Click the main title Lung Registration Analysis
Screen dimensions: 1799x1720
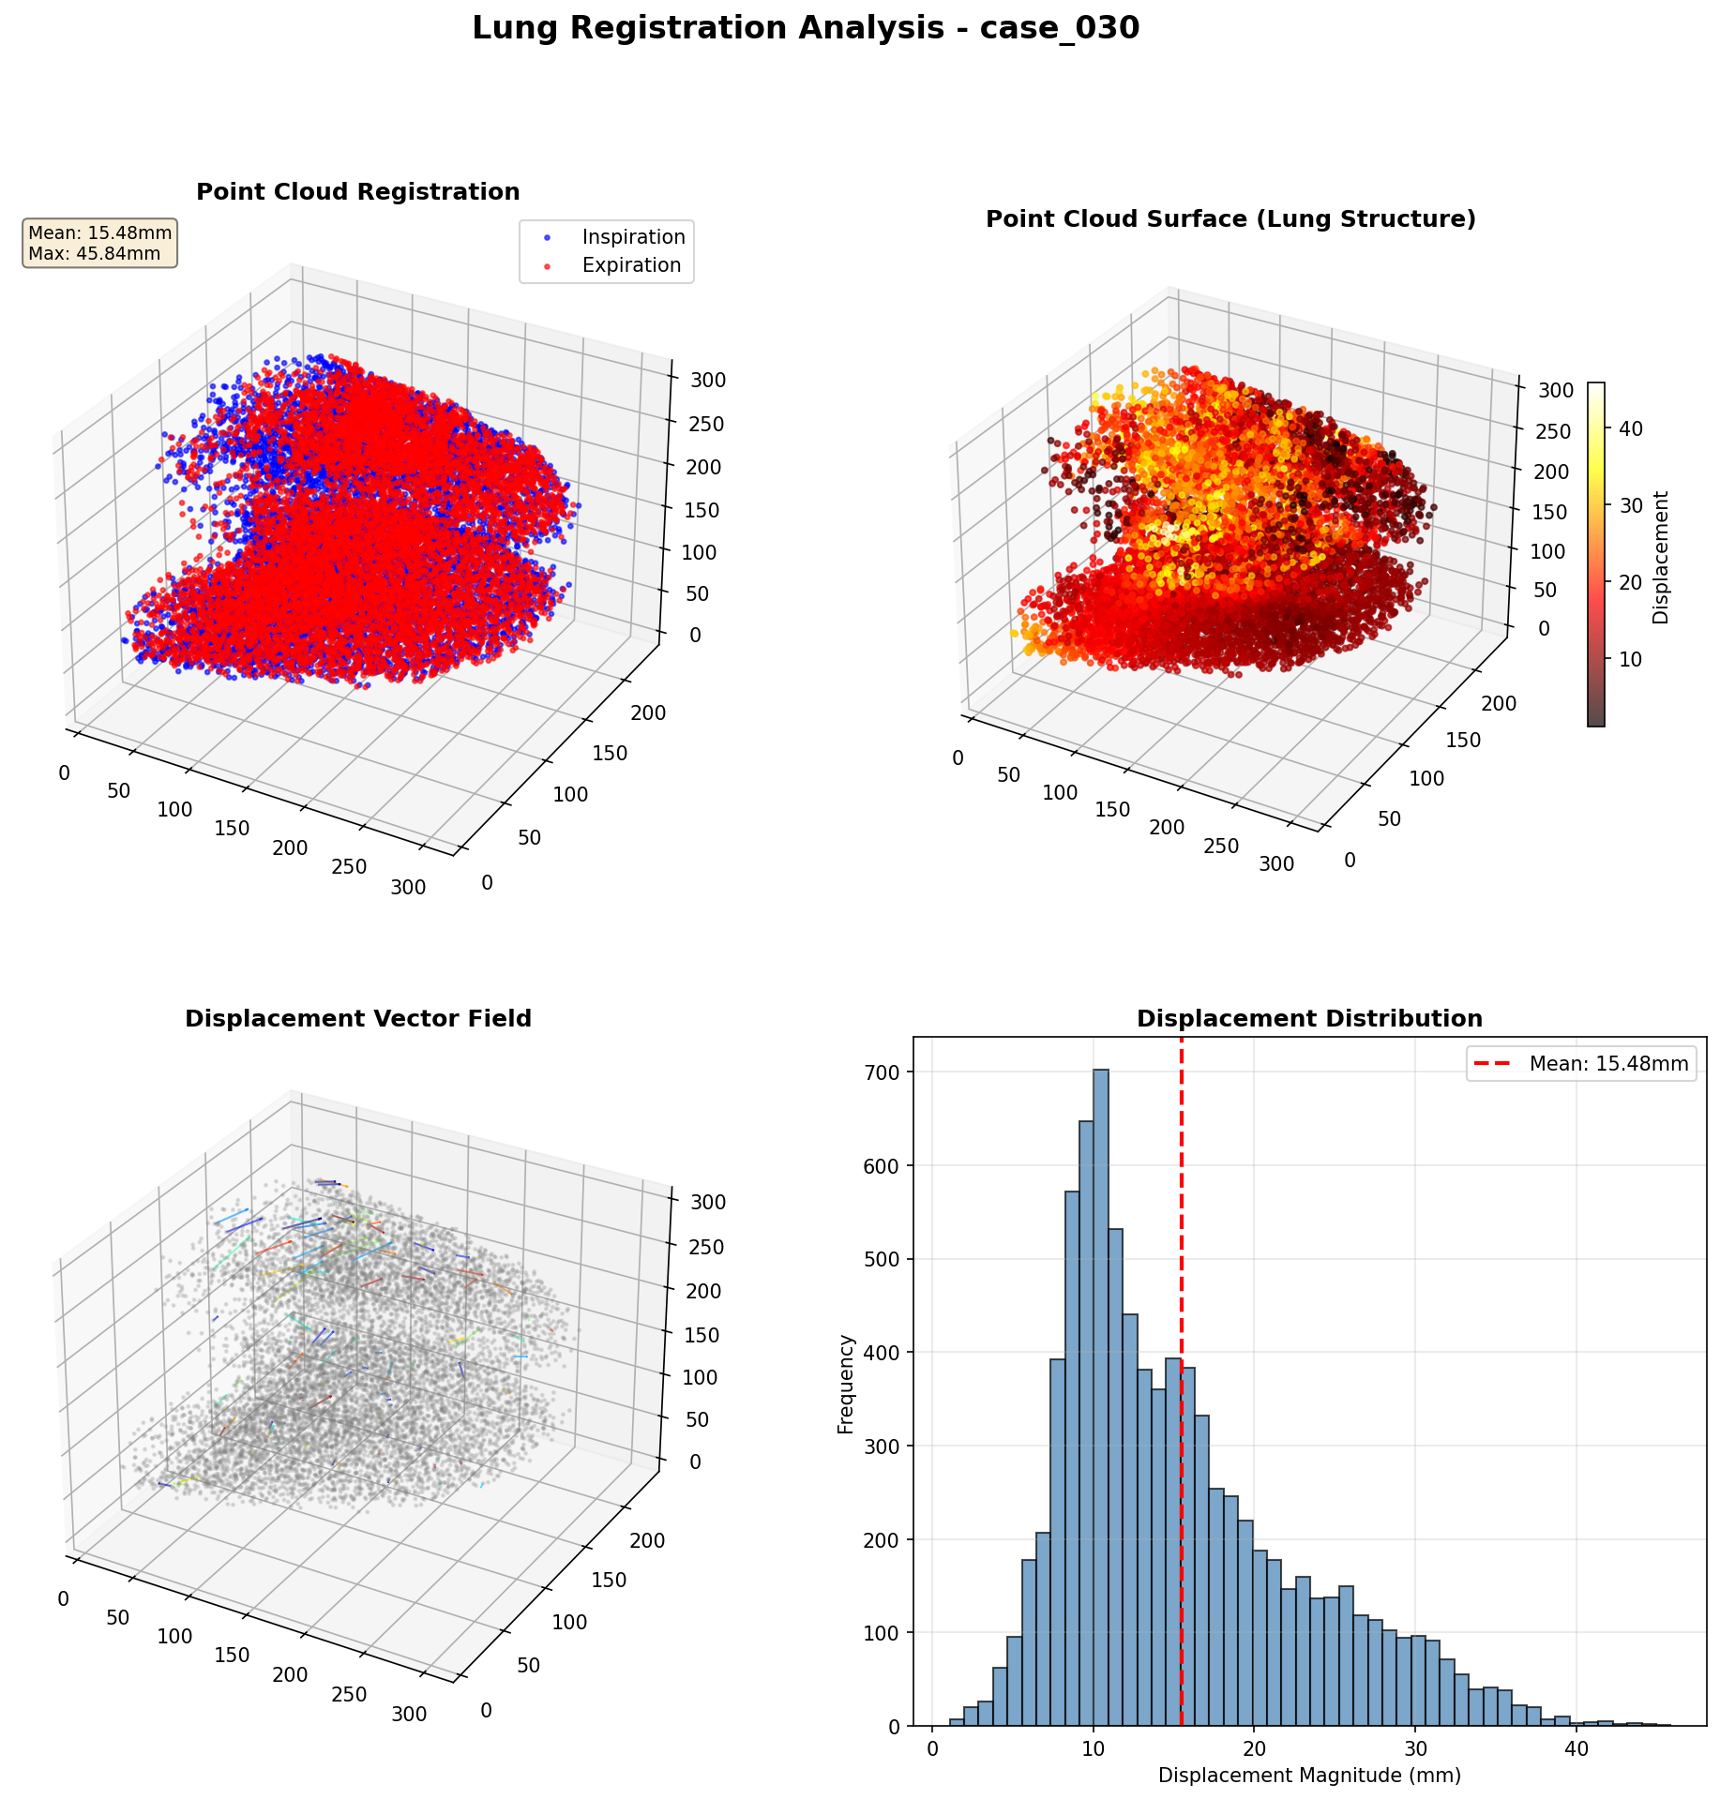point(805,29)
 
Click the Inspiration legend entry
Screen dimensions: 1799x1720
point(633,237)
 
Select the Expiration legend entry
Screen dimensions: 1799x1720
point(630,265)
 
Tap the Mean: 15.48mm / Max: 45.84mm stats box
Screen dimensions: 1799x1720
point(100,244)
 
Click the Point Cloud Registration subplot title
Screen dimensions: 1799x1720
point(357,192)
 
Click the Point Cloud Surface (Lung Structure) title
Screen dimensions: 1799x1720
point(1230,219)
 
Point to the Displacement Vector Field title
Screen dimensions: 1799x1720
point(357,1019)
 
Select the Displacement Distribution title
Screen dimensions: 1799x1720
point(1309,1019)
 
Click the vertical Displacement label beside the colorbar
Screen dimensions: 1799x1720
point(1661,557)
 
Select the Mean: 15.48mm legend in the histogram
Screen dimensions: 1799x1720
point(1581,1064)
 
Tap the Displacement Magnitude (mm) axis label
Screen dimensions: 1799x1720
point(1309,1776)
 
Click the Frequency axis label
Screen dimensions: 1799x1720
point(846,1384)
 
